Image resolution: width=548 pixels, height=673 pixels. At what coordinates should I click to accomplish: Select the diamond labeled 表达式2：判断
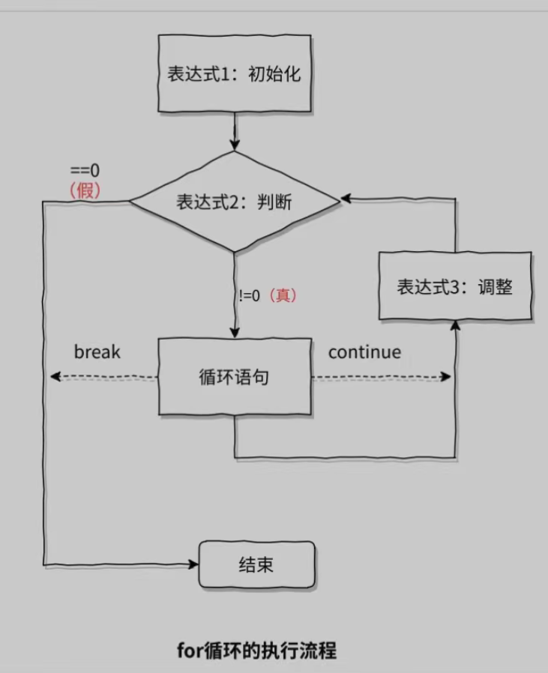pos(235,202)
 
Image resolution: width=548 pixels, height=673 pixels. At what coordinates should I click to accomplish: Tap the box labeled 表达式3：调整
pos(455,287)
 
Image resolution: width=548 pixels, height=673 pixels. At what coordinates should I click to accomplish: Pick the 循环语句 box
pos(235,377)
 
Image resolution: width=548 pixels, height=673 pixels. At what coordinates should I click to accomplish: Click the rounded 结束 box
pos(256,564)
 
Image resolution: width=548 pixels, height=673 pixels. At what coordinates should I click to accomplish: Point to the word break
pos(97,351)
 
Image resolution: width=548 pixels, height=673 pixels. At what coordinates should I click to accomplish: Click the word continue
pos(364,351)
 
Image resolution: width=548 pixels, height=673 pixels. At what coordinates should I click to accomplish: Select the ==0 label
pos(85,170)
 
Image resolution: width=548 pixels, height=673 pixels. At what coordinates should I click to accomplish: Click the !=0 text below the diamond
pos(250,295)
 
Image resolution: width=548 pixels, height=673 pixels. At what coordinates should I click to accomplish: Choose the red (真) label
pos(283,295)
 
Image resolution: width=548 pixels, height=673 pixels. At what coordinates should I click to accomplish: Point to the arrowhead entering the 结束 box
pos(193,564)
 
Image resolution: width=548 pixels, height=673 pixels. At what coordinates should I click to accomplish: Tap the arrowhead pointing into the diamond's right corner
pos(344,200)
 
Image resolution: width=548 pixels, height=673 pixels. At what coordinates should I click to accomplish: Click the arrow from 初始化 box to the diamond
pos(235,131)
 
